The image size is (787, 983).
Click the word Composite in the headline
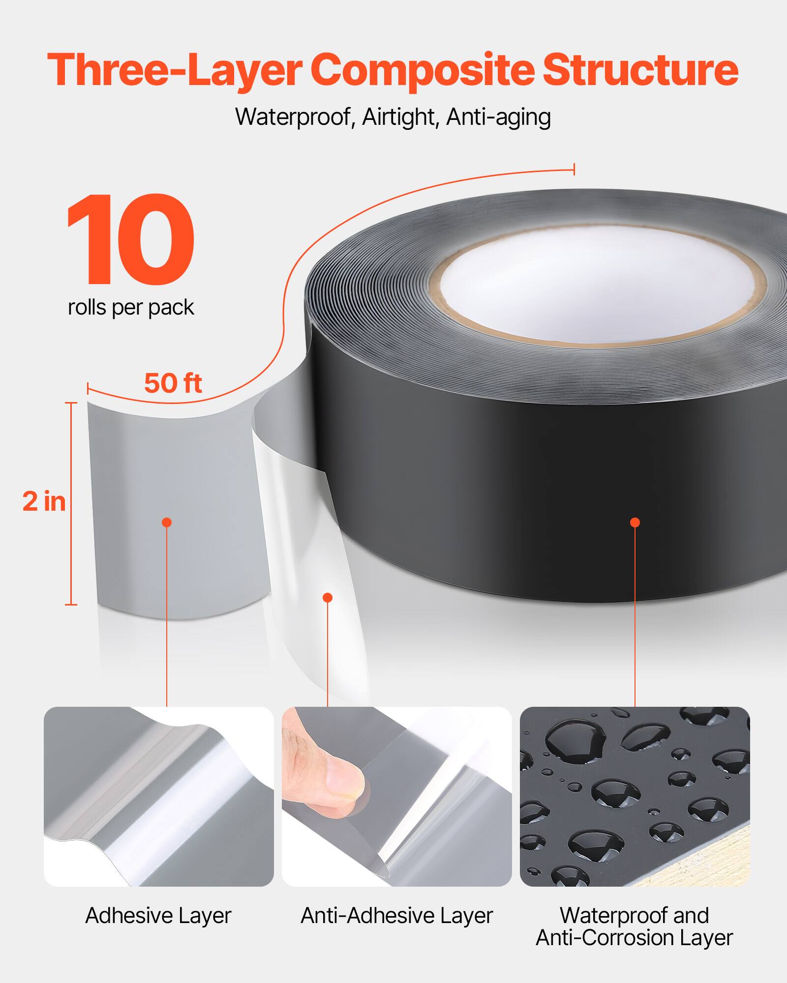click(x=422, y=70)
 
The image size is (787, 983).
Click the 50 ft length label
click(x=173, y=383)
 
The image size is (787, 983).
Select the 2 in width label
click(x=44, y=502)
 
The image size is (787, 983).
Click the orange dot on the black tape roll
click(x=635, y=522)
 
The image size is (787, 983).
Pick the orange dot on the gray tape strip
click(x=167, y=522)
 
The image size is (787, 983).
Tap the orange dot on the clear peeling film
click(x=328, y=598)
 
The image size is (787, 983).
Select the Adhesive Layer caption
click(x=158, y=916)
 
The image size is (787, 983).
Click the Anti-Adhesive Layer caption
click(x=396, y=916)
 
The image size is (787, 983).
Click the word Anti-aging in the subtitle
click(x=498, y=117)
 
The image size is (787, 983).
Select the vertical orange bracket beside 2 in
click(x=72, y=504)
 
